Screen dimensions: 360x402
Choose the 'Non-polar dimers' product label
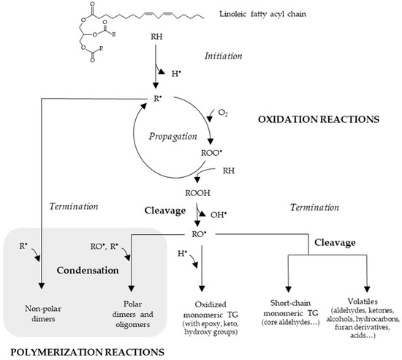pos(42,305)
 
